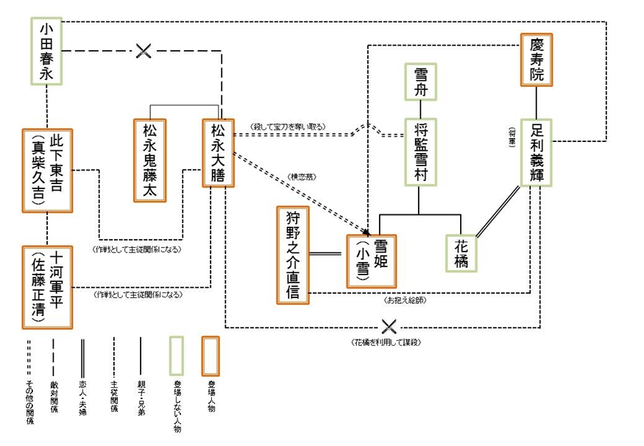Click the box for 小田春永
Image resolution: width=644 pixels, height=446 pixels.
pyautogui.click(x=46, y=50)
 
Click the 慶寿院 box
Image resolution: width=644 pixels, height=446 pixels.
pyautogui.click(x=537, y=60)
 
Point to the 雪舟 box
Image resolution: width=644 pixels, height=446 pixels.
pyautogui.click(x=421, y=82)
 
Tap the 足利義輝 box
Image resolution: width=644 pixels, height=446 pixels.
pyautogui.click(x=537, y=152)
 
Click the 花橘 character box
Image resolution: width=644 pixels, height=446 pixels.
pyautogui.click(x=461, y=253)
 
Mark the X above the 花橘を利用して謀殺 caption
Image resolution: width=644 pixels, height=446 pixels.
pyautogui.click(x=389, y=326)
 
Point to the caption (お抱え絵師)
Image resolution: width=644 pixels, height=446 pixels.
pyautogui.click(x=405, y=300)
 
